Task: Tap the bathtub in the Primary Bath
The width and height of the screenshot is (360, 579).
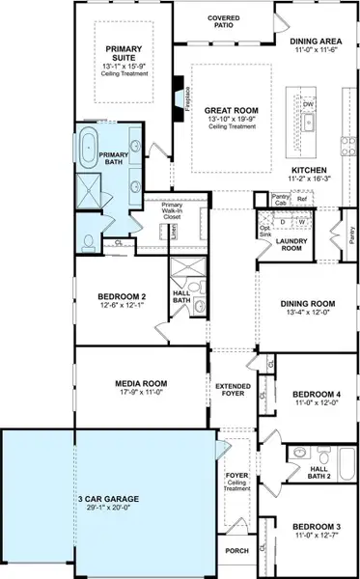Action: [87, 151]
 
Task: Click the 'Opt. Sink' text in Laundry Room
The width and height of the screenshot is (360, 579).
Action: [264, 233]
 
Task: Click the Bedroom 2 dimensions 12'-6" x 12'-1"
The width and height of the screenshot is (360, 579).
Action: [122, 306]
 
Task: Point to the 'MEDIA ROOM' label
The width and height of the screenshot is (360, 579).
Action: [135, 383]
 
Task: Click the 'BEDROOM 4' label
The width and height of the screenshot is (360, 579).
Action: [310, 394]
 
